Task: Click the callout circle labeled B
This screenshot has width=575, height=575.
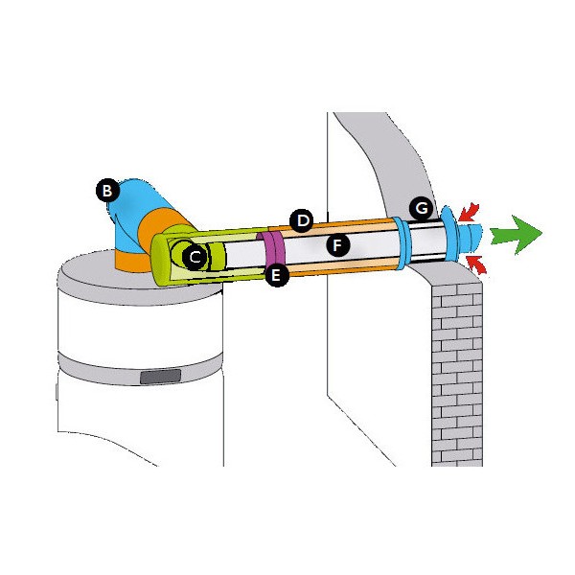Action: click(108, 190)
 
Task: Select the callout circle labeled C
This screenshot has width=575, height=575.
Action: click(195, 257)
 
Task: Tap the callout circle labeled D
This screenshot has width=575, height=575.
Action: click(303, 221)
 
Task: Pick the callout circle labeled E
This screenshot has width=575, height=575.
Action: click(277, 276)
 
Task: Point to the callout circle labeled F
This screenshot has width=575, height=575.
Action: click(336, 245)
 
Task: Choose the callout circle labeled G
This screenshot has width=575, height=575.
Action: click(419, 207)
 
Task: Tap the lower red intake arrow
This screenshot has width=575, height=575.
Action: click(477, 262)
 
